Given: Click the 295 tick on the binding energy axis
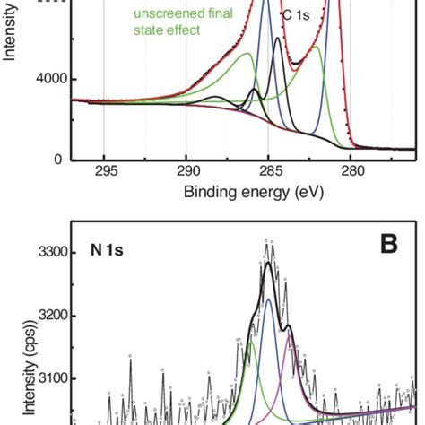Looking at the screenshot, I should pos(106,171).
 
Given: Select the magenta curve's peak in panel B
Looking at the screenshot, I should pos(289,337).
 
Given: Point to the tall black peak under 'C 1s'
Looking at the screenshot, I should pos(277,38).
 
